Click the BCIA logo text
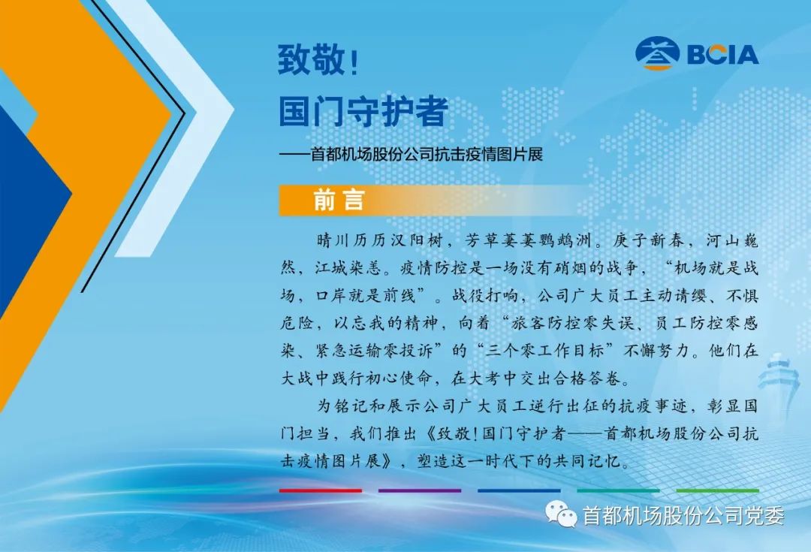point(723,54)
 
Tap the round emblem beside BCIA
point(658,53)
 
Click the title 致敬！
point(318,59)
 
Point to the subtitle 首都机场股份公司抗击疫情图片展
point(427,154)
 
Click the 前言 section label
point(339,200)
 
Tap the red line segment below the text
point(321,490)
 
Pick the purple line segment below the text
point(420,490)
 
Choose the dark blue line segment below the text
point(519,490)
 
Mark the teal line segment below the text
point(618,490)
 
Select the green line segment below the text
point(717,490)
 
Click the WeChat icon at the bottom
point(561,514)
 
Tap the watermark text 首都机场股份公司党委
point(683,515)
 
